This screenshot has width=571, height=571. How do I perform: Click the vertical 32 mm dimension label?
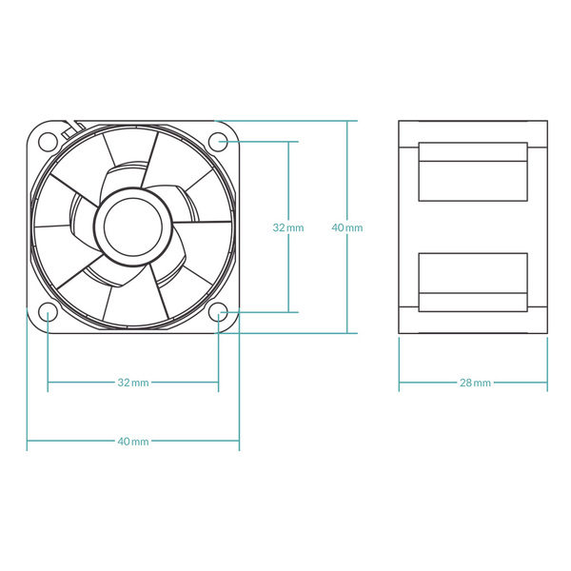click(287, 227)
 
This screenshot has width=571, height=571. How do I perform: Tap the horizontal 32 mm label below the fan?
click(132, 383)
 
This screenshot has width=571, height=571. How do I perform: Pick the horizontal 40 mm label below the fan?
click(132, 442)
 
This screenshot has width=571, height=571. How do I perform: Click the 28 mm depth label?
click(474, 383)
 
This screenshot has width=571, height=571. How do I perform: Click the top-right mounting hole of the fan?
click(218, 142)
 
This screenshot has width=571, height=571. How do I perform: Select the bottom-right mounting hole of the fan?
click(218, 312)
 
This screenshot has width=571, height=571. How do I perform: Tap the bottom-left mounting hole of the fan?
click(48, 312)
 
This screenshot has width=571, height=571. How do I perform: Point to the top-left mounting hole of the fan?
click(48, 142)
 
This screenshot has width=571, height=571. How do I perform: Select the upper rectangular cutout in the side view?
click(473, 171)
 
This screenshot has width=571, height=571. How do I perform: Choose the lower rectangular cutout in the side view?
click(473, 283)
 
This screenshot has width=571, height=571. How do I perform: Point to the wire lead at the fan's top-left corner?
click(69, 126)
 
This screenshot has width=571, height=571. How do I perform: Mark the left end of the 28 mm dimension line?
click(400, 383)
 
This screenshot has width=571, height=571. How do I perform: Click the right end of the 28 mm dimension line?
click(547, 383)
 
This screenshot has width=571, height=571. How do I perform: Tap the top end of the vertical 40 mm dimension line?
click(347, 122)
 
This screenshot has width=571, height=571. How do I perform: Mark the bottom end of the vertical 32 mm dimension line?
click(288, 311)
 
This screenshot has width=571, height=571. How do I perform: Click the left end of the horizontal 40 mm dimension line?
click(28, 442)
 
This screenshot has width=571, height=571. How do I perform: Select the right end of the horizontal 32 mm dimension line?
click(218, 383)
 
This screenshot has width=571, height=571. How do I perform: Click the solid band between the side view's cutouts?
click(473, 226)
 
